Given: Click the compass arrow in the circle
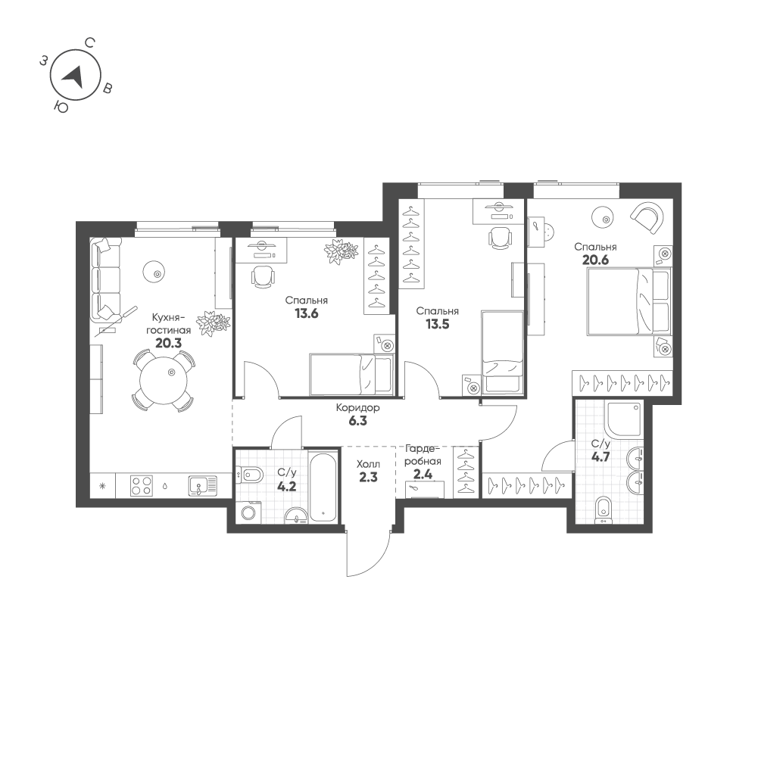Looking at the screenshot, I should (x=73, y=73).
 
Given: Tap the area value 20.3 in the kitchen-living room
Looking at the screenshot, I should (x=169, y=342).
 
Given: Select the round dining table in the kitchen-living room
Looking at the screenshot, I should (x=161, y=376).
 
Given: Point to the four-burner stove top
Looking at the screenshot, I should (x=142, y=485).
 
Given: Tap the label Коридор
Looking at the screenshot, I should (x=358, y=408).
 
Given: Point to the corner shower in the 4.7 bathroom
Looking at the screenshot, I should (x=623, y=420).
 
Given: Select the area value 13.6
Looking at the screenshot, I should (x=306, y=313).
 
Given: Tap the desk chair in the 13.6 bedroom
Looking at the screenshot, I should (x=262, y=277).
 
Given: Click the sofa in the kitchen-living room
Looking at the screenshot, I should (x=104, y=279).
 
